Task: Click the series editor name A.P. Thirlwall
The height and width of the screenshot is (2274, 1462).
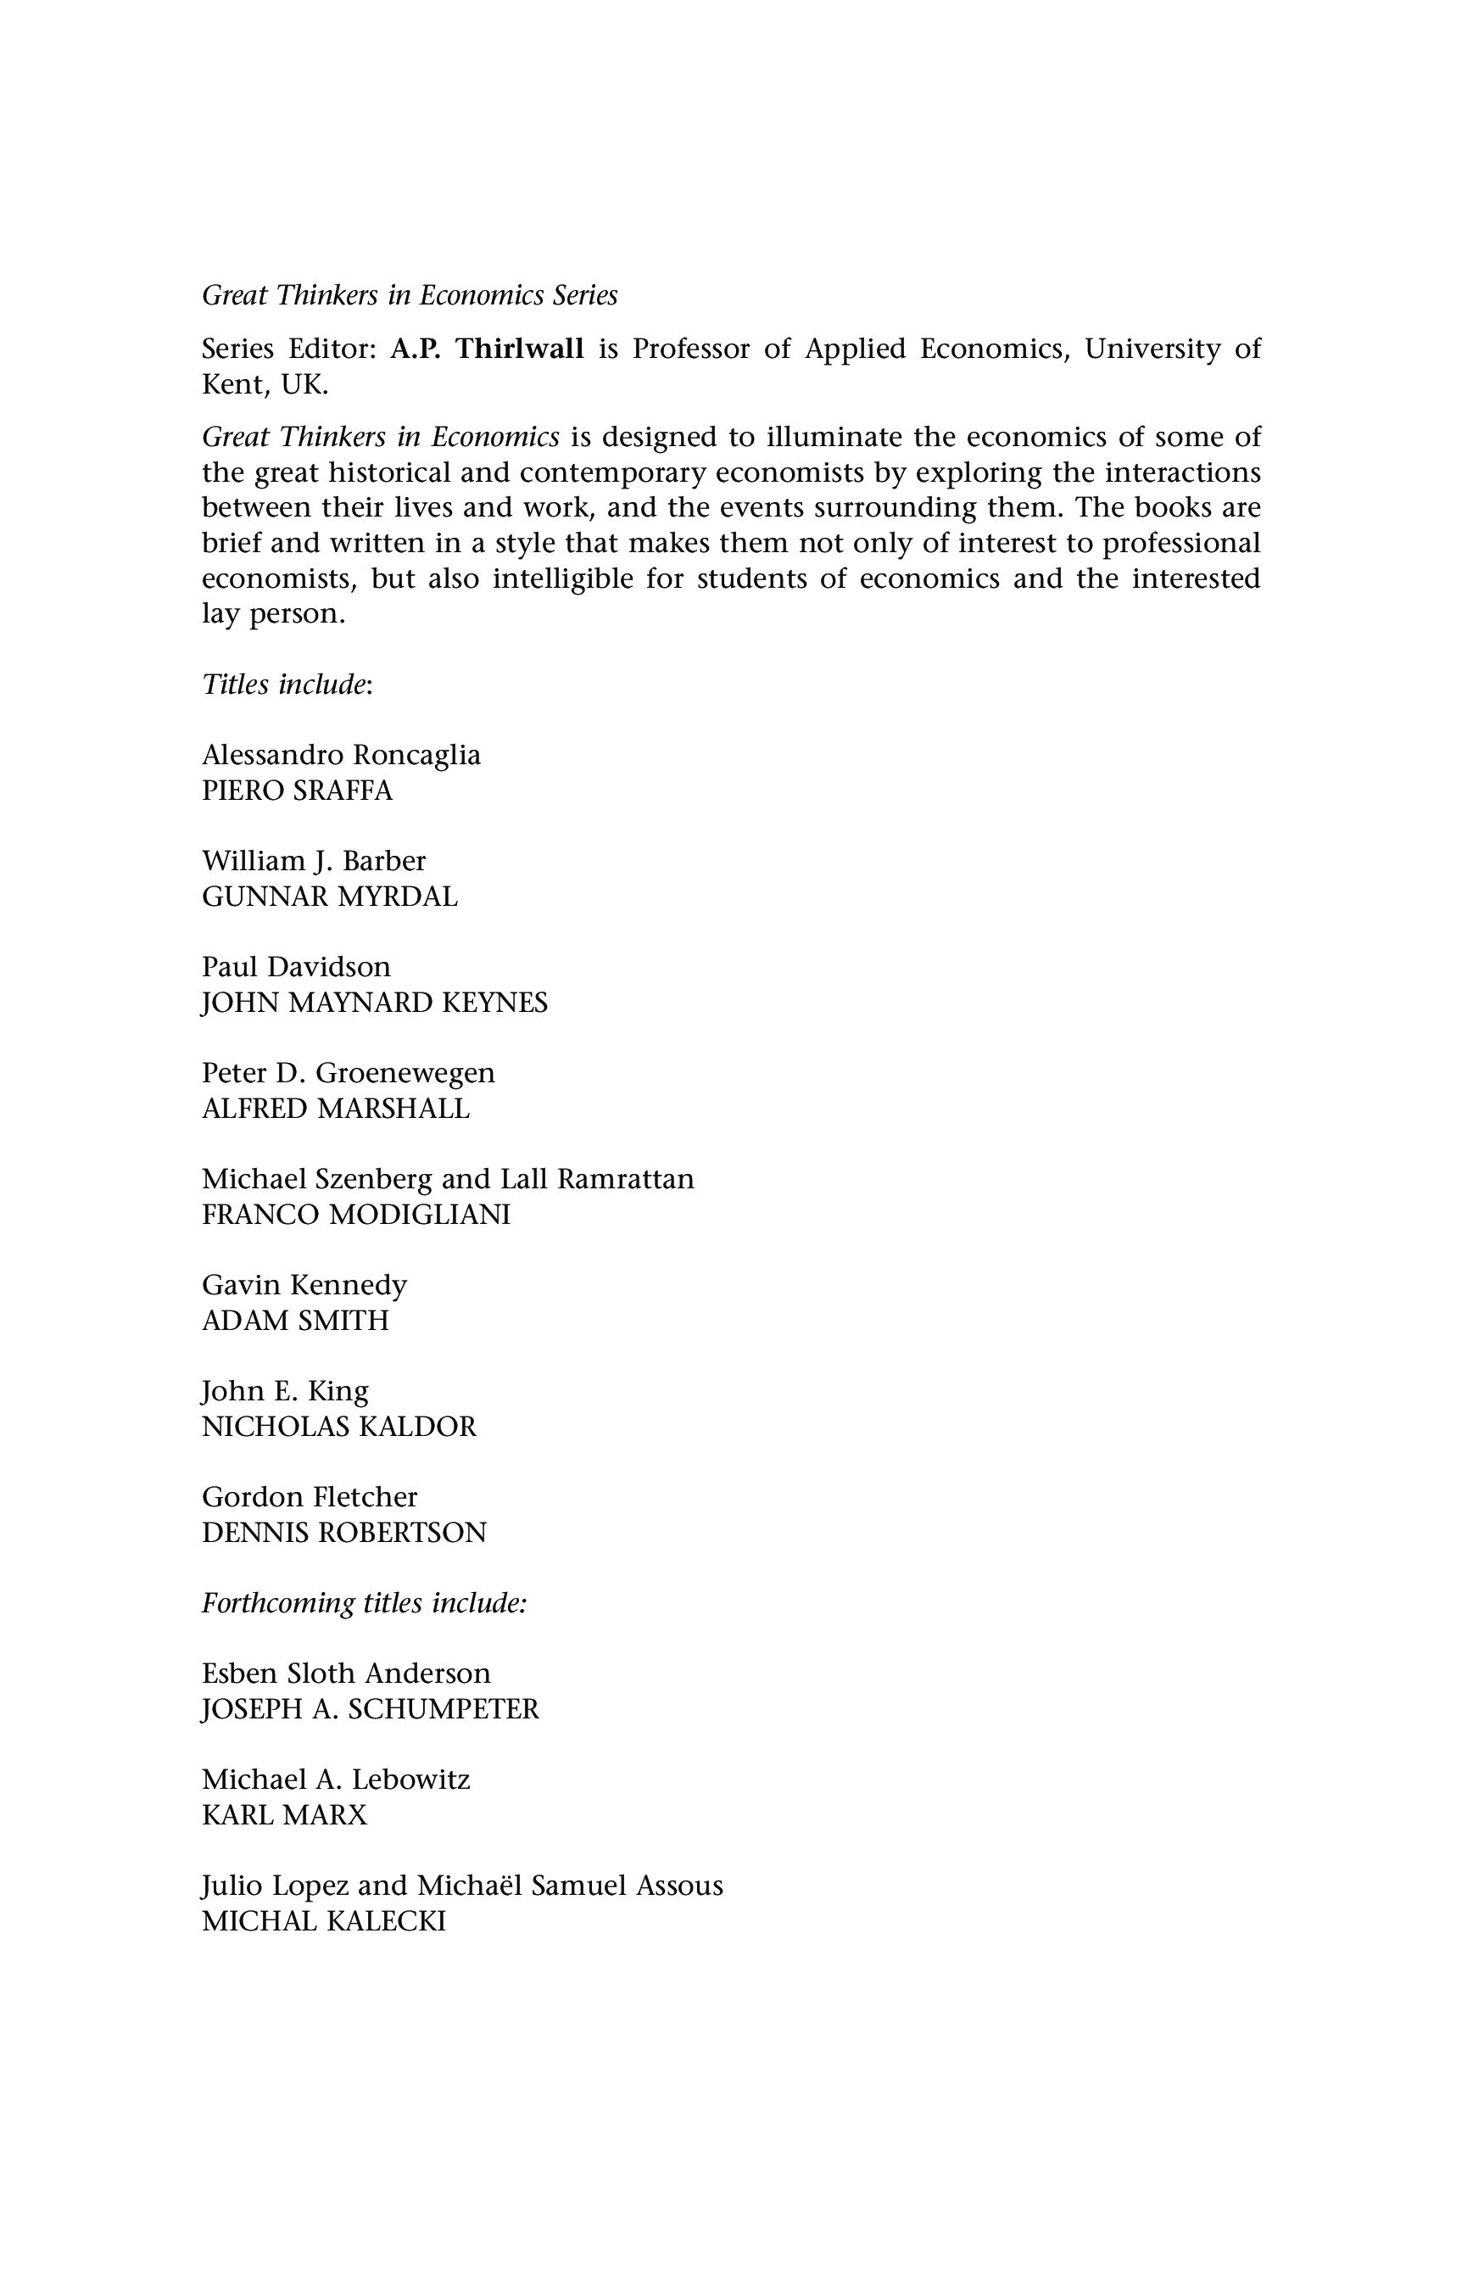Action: [487, 349]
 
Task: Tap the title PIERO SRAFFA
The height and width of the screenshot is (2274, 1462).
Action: [297, 790]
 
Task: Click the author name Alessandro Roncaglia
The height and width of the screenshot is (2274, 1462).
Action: [341, 755]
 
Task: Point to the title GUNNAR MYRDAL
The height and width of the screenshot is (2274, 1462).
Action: [329, 897]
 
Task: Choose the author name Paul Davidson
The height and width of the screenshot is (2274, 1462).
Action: [296, 967]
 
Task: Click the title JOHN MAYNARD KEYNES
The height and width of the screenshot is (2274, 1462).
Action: [375, 1003]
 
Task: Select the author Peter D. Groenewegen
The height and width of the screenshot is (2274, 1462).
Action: [349, 1073]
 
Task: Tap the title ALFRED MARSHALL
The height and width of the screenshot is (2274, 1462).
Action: [336, 1108]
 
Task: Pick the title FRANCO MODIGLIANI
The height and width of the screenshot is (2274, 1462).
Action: [356, 1215]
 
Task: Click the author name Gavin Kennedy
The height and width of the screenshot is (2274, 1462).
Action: [304, 1285]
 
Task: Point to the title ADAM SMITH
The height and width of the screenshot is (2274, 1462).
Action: [295, 1320]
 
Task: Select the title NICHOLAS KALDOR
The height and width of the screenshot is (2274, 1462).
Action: [339, 1426]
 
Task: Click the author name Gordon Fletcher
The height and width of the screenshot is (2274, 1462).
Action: [310, 1496]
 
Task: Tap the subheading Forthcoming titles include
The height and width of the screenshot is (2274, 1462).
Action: [364, 1603]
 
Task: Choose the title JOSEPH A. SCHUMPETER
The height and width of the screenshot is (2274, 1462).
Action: [371, 1709]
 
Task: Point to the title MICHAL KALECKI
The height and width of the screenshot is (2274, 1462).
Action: [324, 1921]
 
